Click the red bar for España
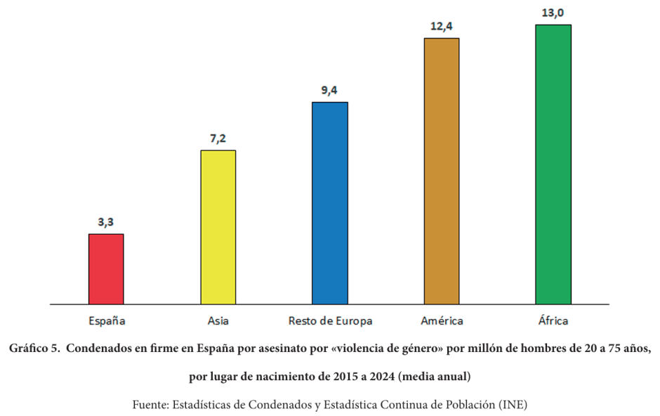click(x=106, y=268)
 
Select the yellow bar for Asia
click(x=218, y=227)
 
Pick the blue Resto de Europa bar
click(x=330, y=203)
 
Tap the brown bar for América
click(x=442, y=171)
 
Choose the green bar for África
click(x=553, y=164)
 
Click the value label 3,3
click(x=106, y=223)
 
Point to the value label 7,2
click(x=218, y=139)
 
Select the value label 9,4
click(x=330, y=91)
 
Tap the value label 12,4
click(x=442, y=27)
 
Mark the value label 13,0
click(x=553, y=13)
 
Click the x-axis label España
click(x=107, y=321)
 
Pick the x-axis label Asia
click(x=218, y=321)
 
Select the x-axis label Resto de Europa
click(x=330, y=321)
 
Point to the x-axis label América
click(x=442, y=321)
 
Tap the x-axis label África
click(x=553, y=321)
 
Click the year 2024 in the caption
click(x=381, y=377)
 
